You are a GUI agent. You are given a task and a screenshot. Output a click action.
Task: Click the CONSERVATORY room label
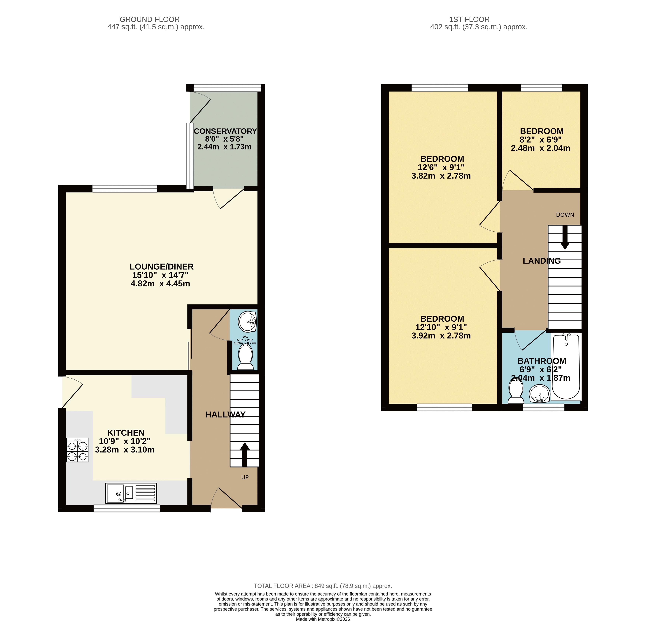[225, 131]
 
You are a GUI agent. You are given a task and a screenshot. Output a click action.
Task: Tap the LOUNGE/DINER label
[162, 267]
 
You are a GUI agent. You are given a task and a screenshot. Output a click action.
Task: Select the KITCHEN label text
[126, 433]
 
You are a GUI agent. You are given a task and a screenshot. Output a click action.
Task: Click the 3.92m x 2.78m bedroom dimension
[441, 336]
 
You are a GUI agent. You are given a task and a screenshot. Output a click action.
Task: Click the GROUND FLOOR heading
[150, 20]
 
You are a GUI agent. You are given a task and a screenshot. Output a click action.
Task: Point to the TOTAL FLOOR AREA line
[323, 586]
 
